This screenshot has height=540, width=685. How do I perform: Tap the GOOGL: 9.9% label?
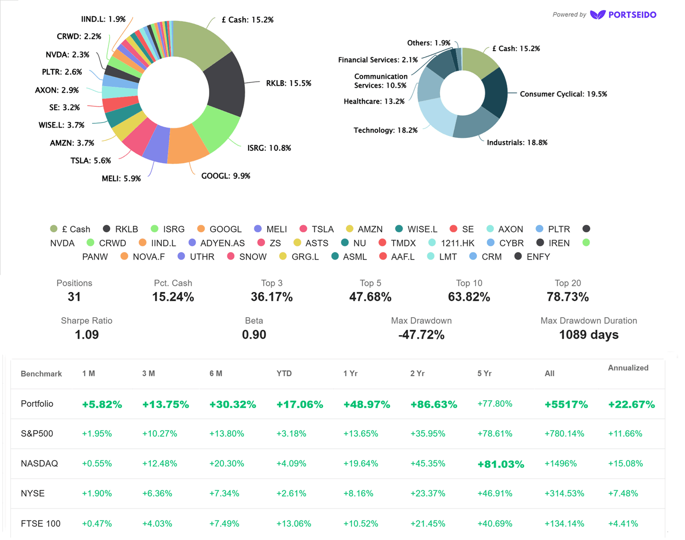coord(226,176)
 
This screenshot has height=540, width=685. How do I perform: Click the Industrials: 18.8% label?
coord(517,142)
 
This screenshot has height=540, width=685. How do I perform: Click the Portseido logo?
coord(623,15)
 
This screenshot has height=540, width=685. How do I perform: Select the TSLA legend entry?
coord(317,229)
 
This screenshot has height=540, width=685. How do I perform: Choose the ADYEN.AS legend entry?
coord(217,243)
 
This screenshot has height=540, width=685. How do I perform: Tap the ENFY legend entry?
coord(532,257)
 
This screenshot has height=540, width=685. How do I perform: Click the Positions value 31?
coord(74,297)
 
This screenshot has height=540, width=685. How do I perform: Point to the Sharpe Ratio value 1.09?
coord(86,334)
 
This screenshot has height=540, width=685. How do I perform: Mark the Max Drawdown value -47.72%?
coord(421,334)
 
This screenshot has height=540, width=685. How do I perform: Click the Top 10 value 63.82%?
coord(469,297)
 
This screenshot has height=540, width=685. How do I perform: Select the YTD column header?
coord(284,373)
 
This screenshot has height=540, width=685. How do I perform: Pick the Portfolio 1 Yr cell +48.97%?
coord(367,404)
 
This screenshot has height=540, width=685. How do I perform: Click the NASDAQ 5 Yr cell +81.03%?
coord(501,464)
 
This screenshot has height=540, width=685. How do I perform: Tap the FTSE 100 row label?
coord(40,523)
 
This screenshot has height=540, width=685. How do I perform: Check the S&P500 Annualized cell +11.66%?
coord(625,434)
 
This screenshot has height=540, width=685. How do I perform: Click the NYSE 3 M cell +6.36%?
coord(157,493)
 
